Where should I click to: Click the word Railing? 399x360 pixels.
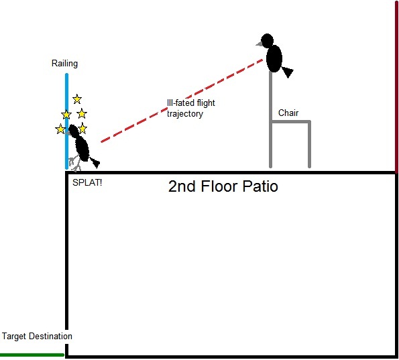tap(64, 63)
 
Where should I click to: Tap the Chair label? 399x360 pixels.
tap(288, 113)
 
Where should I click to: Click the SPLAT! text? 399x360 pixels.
tap(87, 182)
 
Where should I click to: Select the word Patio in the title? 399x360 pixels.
tap(260, 186)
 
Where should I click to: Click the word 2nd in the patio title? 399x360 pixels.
tap(182, 186)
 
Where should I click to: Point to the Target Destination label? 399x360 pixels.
tap(37, 336)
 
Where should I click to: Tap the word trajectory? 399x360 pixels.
tap(185, 113)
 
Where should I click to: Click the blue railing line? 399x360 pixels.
tap(66, 121)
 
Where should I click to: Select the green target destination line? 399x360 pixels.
tap(32, 355)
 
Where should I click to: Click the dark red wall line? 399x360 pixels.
tap(396, 86)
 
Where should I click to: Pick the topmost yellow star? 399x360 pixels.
tap(77, 99)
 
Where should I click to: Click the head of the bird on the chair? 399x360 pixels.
tap(267, 40)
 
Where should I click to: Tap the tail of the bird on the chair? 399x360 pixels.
tap(288, 72)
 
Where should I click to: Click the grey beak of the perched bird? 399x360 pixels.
tap(260, 44)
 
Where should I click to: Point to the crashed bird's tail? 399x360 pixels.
tap(95, 163)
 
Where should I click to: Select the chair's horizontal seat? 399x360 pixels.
tap(290, 121)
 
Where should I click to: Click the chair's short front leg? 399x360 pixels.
tap(309, 145)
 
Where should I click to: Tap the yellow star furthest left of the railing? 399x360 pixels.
tap(60, 129)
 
